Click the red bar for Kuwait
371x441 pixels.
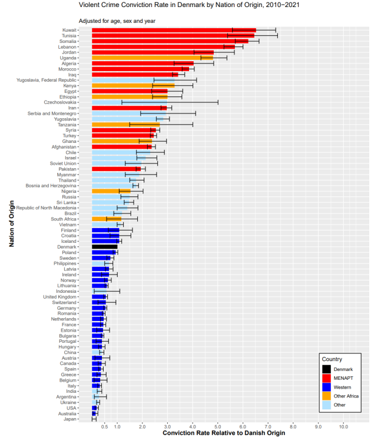pyautogui.click(x=174, y=29)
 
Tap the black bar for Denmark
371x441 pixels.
pyautogui.click(x=104, y=246)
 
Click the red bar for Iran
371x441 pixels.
pyautogui.click(x=129, y=108)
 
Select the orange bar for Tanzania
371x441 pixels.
pyautogui.click(x=125, y=125)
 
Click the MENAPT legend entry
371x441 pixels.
pyautogui.click(x=343, y=377)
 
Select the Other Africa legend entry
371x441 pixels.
pyautogui.click(x=346, y=396)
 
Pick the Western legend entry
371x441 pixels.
pyautogui.click(x=343, y=387)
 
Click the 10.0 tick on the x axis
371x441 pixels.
pyautogui.click(x=343, y=426)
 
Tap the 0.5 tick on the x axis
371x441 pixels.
pyautogui.click(x=104, y=426)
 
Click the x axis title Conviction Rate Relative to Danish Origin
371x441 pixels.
pyautogui.click(x=223, y=434)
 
